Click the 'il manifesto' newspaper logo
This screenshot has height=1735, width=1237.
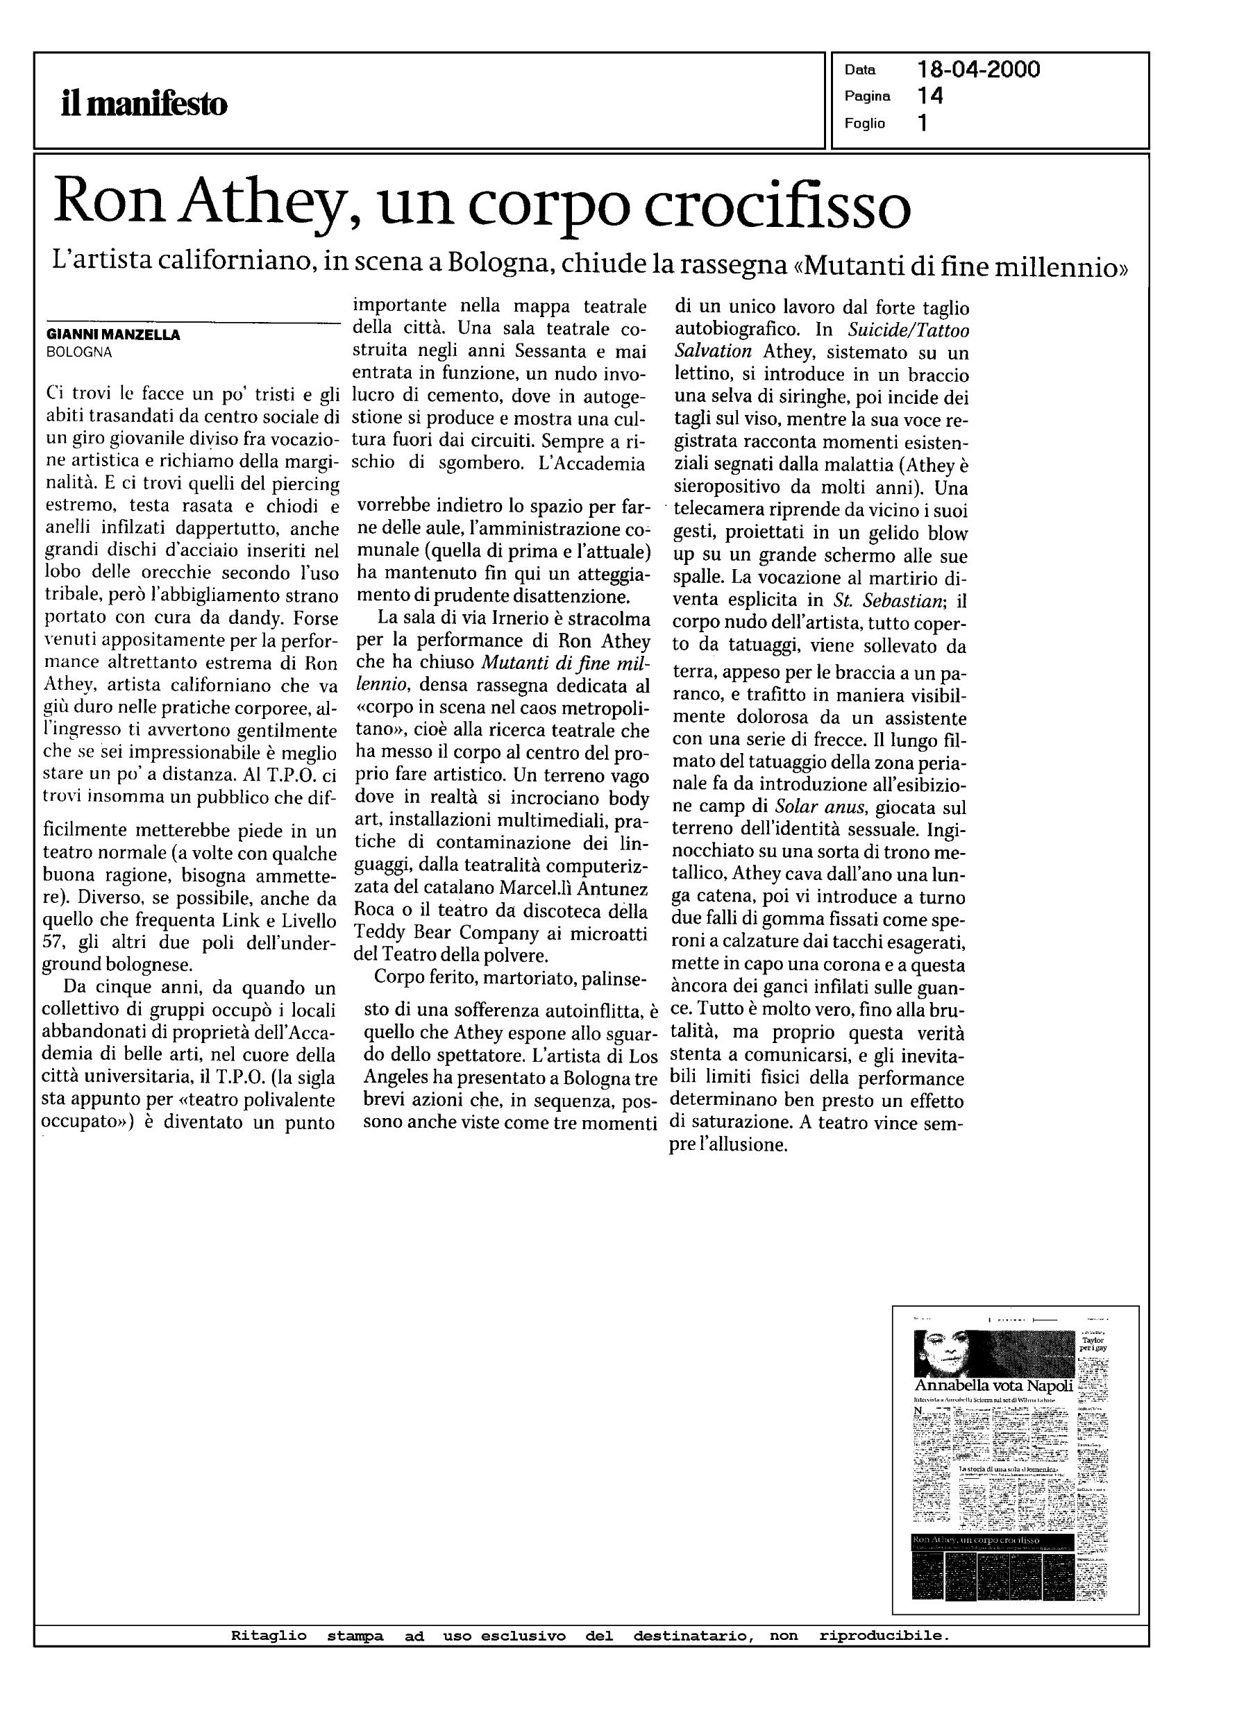click(144, 104)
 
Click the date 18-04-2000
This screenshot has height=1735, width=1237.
click(978, 70)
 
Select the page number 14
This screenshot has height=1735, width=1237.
click(930, 96)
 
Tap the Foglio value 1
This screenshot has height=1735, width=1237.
click(923, 123)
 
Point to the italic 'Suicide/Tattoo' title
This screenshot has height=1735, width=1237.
click(909, 330)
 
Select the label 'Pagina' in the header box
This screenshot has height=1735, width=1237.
click(867, 96)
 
